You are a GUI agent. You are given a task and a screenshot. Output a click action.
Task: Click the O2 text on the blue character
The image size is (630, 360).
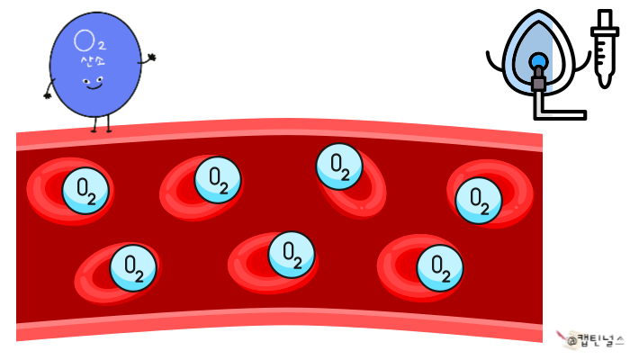pos(87,40)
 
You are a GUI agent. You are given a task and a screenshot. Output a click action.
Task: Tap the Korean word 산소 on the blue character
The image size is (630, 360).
pos(90,60)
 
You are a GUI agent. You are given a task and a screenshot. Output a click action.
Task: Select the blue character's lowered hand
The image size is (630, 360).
pos(45,91)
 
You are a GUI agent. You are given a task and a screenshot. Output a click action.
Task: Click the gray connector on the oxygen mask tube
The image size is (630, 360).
pos(538,84)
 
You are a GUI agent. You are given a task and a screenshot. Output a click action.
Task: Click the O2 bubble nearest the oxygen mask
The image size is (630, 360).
pos(479,200)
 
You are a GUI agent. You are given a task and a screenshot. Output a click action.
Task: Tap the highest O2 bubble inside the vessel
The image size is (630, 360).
pos(340,166)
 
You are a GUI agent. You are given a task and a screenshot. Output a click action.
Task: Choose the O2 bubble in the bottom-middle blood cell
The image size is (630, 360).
pos(292,255)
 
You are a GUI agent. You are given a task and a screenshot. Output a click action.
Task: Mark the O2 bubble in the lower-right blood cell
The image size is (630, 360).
pos(440,266)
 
